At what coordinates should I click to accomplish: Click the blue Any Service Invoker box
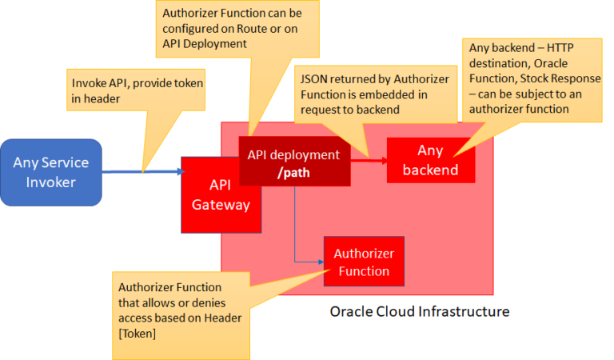click(51, 172)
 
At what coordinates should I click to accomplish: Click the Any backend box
click(430, 160)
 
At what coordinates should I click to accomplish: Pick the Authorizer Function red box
click(364, 262)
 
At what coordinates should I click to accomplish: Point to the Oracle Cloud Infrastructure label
click(420, 311)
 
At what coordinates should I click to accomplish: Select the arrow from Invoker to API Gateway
click(144, 171)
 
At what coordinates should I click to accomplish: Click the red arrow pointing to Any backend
click(369, 160)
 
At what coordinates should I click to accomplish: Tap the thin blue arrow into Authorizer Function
click(304, 261)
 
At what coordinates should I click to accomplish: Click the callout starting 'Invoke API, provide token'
click(136, 88)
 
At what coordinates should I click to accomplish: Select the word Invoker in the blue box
click(51, 182)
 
